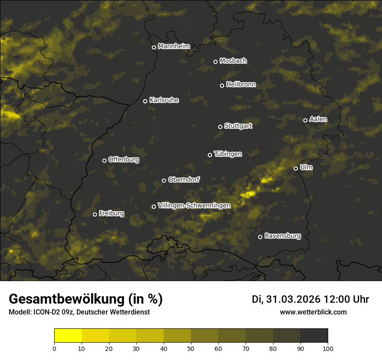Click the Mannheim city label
click(174, 46)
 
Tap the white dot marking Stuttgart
click(220, 127)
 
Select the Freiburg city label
click(112, 213)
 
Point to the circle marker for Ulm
click(296, 168)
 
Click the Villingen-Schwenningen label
click(194, 206)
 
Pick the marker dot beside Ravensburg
click(260, 237)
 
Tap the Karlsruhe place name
click(164, 100)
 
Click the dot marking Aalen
click(305, 120)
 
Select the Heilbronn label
click(241, 85)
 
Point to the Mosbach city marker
click(215, 62)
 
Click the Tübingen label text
click(228, 154)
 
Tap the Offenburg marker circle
click(104, 160)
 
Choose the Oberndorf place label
click(184, 180)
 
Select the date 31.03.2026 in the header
click(292, 299)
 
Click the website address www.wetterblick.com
click(313, 312)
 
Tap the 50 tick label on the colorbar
click(191, 348)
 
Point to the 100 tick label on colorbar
click(328, 348)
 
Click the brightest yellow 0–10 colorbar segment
click(68, 336)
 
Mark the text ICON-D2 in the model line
click(45, 312)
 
